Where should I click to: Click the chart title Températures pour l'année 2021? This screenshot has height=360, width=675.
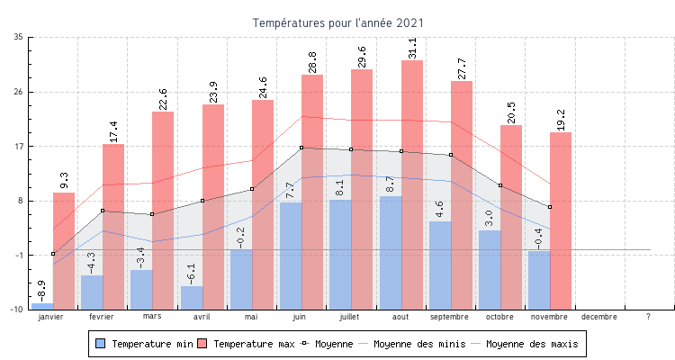coord(337,22)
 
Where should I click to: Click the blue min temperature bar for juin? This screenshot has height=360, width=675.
coord(291,256)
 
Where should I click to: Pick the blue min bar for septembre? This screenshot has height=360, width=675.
coord(440,265)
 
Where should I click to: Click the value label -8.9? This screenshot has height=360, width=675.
coord(42,291)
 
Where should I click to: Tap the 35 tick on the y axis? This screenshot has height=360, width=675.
coord(19,37)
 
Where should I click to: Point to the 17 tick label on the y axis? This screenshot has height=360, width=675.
coord(19,146)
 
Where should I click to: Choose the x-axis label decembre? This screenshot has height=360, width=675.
coord(599,317)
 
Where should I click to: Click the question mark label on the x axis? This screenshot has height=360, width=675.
coord(648,317)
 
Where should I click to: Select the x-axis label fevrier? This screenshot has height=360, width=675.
coord(102,317)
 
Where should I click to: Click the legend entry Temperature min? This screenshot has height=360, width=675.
coord(144,344)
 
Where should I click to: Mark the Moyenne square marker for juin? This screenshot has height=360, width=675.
coord(301,148)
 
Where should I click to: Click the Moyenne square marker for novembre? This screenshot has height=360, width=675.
coord(550,207)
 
